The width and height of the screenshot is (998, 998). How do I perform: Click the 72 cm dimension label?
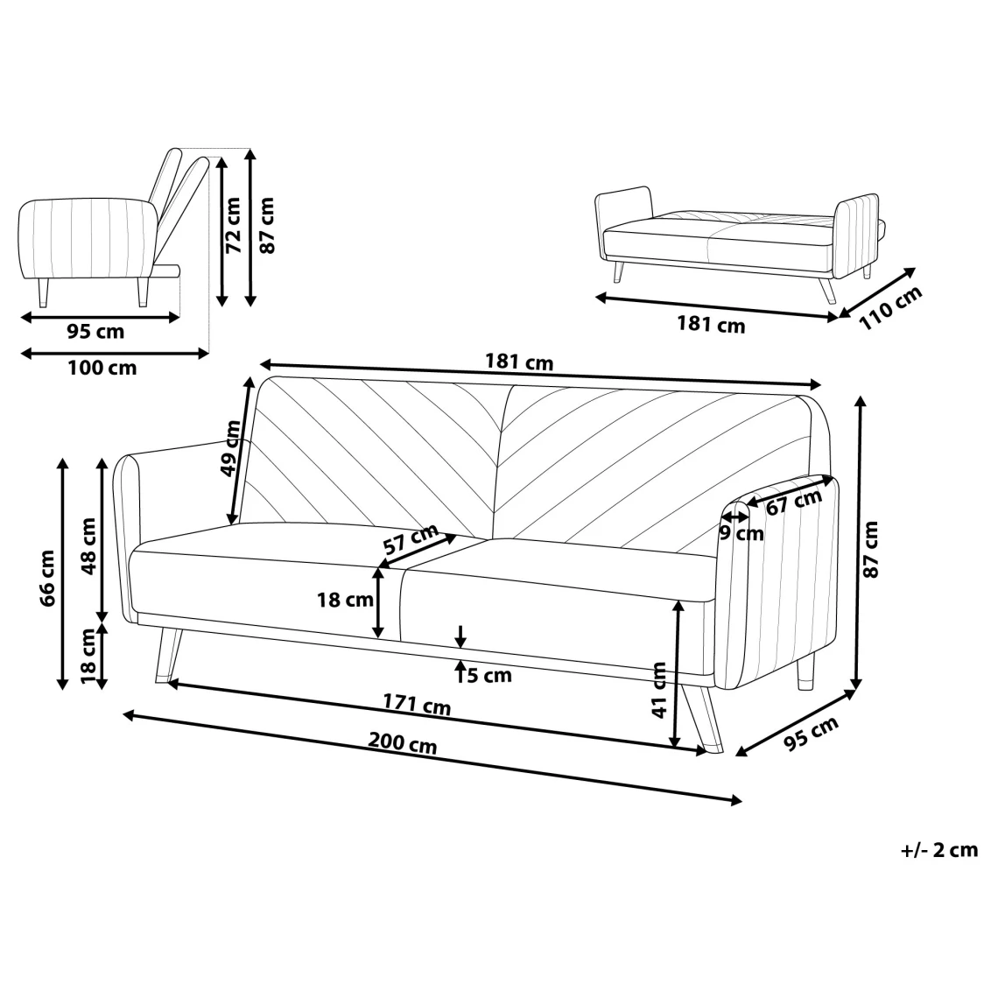(x=234, y=225)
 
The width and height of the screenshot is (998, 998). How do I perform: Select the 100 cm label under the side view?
(x=102, y=368)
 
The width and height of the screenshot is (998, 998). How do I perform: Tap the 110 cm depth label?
(x=890, y=308)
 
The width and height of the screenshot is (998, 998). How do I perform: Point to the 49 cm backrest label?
(x=230, y=448)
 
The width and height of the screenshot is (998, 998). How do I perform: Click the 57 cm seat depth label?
(x=411, y=538)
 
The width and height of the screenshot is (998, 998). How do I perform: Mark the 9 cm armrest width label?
(x=741, y=533)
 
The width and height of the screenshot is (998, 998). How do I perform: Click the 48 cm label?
(x=88, y=545)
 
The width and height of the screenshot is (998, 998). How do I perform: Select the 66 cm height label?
(x=48, y=578)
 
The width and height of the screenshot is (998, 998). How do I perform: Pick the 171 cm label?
(x=417, y=704)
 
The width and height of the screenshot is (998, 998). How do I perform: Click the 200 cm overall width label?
(x=403, y=742)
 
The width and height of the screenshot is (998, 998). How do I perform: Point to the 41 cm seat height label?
(x=659, y=690)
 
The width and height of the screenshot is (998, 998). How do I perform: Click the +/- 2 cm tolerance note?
(x=939, y=850)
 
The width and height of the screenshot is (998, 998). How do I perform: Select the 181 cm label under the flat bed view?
(x=711, y=324)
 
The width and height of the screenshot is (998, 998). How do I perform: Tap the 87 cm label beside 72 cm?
(x=267, y=225)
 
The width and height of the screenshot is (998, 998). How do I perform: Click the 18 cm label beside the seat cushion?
(x=346, y=600)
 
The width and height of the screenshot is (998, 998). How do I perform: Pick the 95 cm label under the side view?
(x=95, y=331)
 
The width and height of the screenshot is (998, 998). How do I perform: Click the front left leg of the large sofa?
(x=167, y=656)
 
